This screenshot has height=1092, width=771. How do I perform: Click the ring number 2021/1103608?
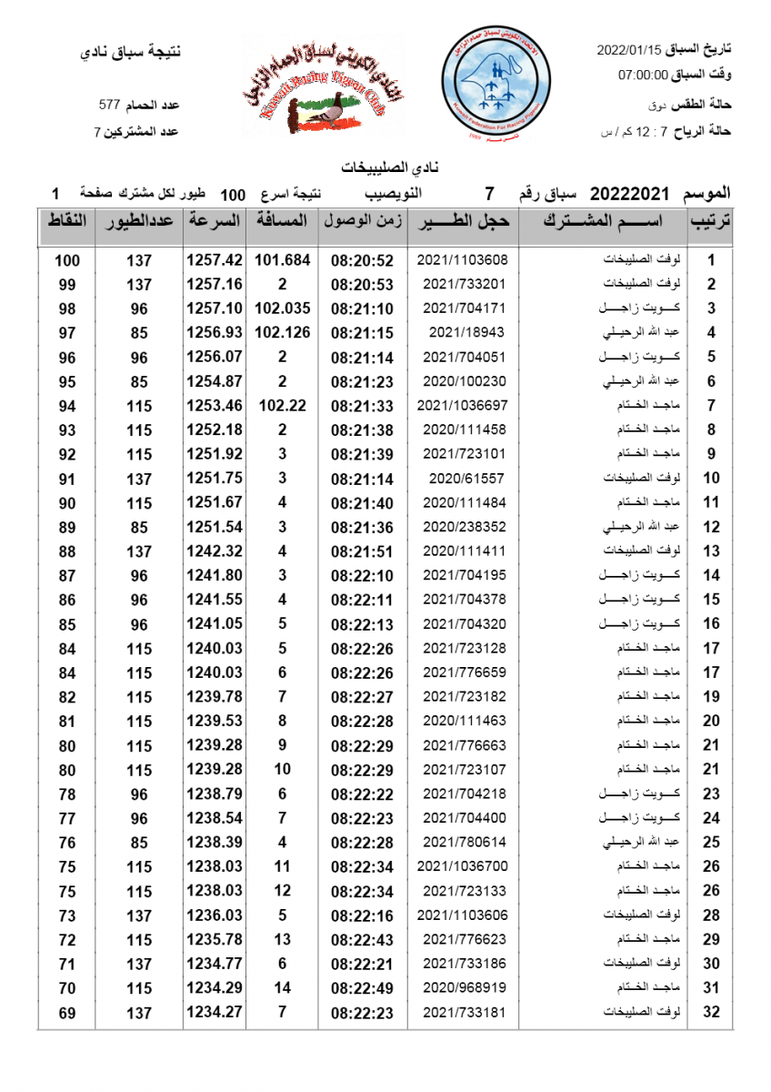[462, 259]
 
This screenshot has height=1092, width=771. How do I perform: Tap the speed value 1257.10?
[215, 308]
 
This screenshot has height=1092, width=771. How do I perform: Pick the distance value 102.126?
[282, 332]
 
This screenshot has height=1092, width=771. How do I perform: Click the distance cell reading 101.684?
[282, 259]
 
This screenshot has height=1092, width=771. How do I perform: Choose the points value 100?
[66, 260]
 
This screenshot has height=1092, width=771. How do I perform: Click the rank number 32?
[712, 1012]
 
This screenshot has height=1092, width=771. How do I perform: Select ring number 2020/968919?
[462, 987]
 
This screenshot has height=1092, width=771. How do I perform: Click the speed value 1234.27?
[215, 1012]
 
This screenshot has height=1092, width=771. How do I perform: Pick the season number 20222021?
[629, 194]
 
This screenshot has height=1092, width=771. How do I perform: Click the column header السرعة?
[215, 221]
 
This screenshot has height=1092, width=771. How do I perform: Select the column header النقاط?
[66, 221]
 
